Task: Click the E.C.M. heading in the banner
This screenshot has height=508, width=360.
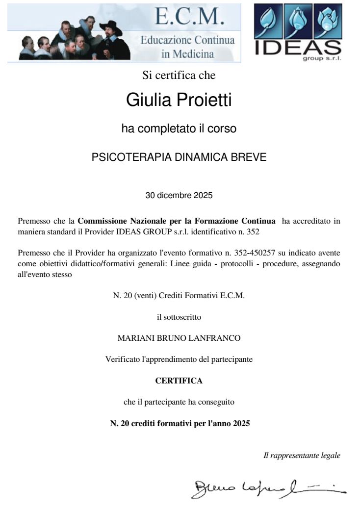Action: (189, 17)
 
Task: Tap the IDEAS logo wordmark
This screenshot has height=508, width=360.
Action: (299, 47)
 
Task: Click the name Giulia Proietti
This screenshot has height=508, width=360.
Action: (179, 100)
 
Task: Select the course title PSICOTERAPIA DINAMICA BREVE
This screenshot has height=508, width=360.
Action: (179, 157)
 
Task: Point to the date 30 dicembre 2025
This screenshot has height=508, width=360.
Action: (179, 195)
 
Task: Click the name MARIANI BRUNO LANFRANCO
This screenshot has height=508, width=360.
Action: (179, 338)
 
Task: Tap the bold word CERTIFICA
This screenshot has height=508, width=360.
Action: (179, 381)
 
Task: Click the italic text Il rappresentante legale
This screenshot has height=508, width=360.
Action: (302, 456)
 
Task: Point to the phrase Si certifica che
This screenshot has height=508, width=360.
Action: (179, 76)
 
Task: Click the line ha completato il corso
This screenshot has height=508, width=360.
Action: (179, 129)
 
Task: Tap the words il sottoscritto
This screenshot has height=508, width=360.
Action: (179, 317)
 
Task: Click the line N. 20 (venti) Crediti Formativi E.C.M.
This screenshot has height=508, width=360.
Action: (179, 296)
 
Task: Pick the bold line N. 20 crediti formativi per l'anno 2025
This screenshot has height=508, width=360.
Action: (180, 423)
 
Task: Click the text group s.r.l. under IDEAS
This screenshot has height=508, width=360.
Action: (325, 58)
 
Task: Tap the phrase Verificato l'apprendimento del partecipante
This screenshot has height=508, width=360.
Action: (179, 359)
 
